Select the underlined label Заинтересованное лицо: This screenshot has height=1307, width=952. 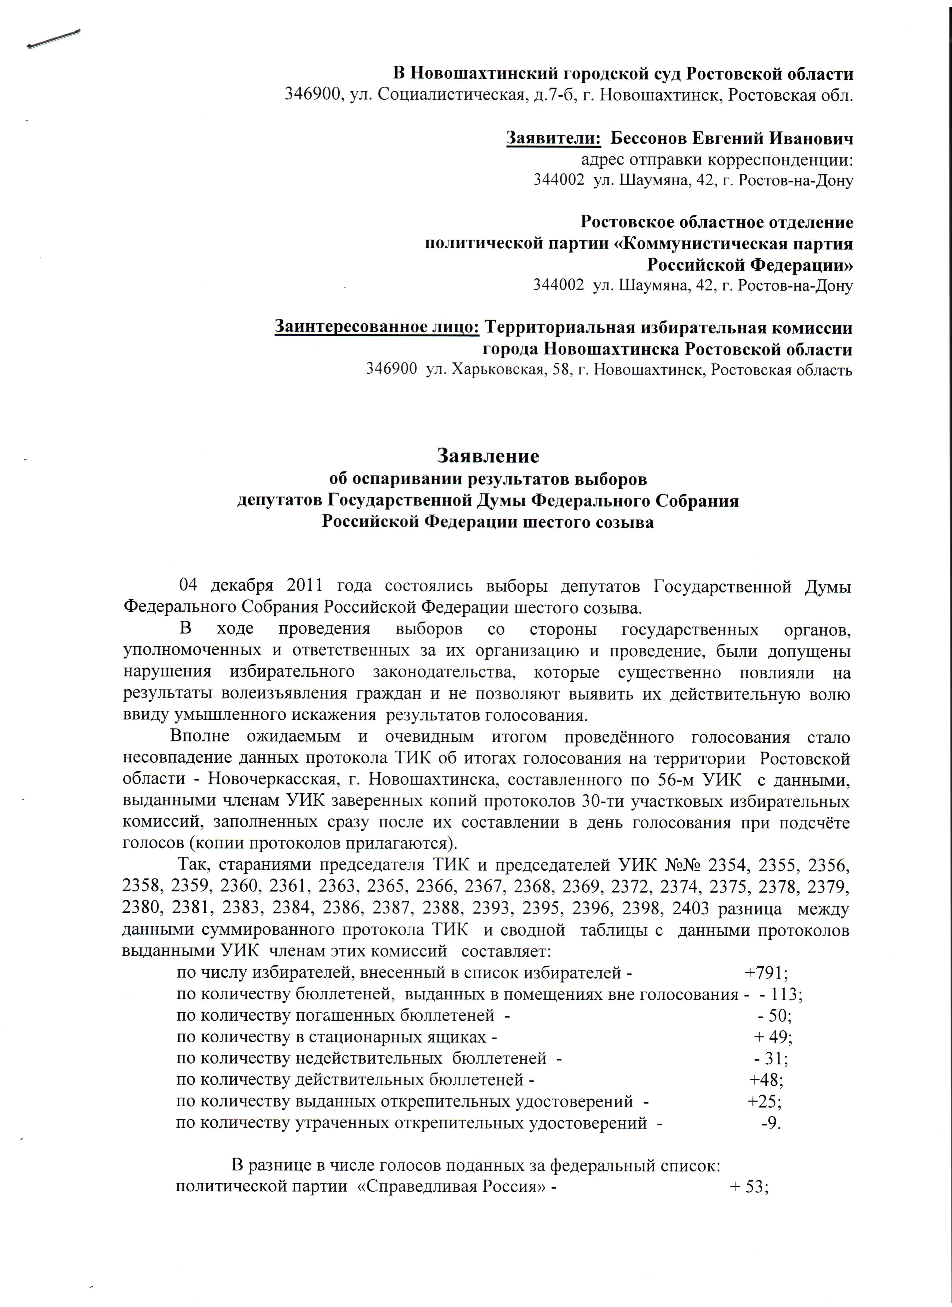pyautogui.click(x=377, y=327)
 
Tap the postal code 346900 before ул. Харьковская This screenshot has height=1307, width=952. pyautogui.click(x=392, y=369)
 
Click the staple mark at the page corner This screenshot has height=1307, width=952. pyautogui.click(x=53, y=38)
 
